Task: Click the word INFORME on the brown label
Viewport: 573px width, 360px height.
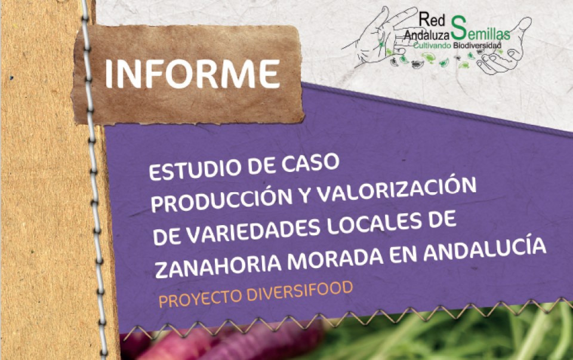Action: coord(193,73)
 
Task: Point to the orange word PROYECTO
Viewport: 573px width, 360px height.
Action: coord(200,297)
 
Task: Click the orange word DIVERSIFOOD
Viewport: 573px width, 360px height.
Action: coord(300,291)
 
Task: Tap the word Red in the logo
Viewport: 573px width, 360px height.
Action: coord(432,19)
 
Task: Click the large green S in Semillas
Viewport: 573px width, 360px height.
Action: coord(458,28)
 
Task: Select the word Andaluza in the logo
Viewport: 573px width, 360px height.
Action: coord(427,35)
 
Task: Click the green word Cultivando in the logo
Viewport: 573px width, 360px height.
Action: coord(432,46)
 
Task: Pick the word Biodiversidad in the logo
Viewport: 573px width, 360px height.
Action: coord(477,46)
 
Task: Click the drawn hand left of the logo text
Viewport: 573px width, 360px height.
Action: coord(380,36)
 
